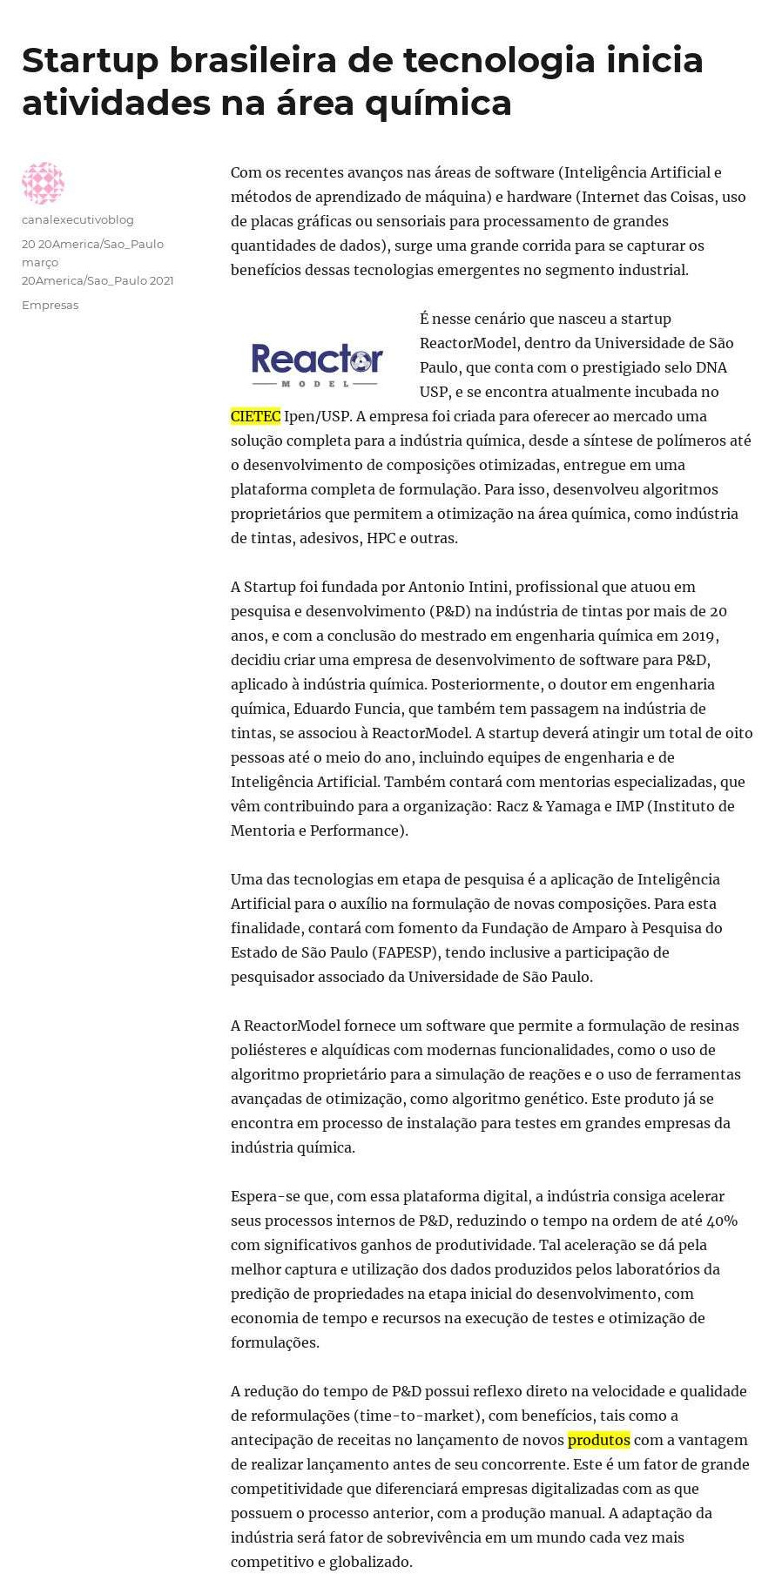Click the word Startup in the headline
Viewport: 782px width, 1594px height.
pos(90,61)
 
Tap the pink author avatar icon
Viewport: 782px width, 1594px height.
pos(43,183)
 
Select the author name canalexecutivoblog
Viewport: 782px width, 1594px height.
pos(78,219)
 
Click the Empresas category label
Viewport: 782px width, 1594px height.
pos(50,305)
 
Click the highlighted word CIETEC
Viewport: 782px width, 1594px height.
pos(255,416)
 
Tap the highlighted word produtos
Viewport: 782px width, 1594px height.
pos(598,1440)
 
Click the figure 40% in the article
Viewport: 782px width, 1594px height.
pos(722,1221)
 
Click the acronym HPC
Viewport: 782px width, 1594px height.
pos(381,538)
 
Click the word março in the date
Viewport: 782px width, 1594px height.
pos(40,262)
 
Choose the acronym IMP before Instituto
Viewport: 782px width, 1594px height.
pos(630,806)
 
